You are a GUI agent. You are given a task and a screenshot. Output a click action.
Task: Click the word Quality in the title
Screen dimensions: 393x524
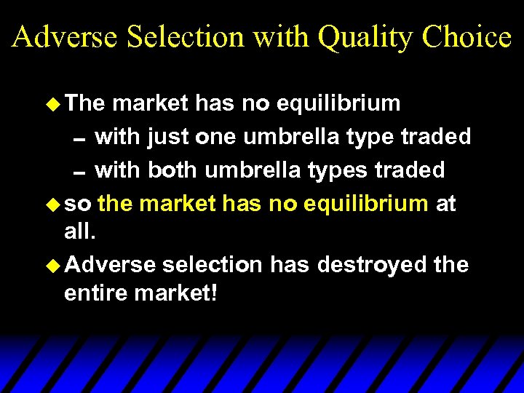[362, 36]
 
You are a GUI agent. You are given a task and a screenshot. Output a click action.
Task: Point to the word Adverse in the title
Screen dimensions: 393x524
[64, 36]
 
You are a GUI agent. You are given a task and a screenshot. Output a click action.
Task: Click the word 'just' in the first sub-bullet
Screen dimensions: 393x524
[171, 137]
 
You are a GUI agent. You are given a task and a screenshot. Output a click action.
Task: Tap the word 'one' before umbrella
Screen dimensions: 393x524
[218, 137]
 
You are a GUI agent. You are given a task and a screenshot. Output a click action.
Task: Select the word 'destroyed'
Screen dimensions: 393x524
[373, 265]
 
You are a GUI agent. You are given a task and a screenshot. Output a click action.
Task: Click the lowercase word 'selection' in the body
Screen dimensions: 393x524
[213, 265]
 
